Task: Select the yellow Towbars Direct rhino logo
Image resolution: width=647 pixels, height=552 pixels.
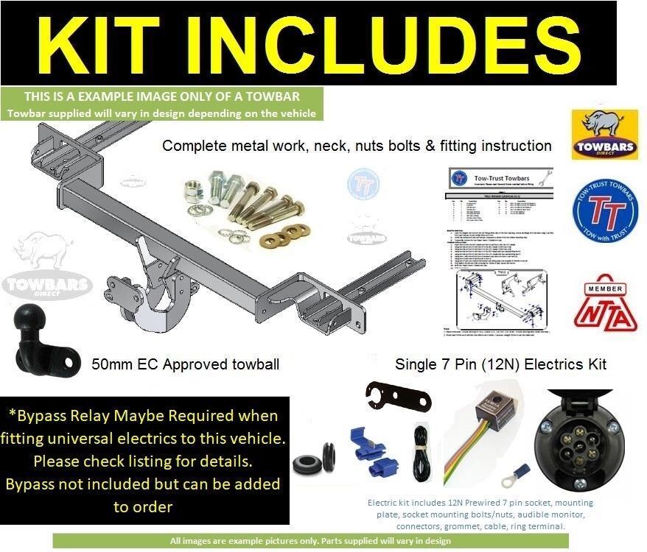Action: [605, 135]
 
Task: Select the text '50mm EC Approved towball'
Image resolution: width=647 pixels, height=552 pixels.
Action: [185, 364]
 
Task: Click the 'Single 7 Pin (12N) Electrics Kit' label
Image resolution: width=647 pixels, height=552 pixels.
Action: [500, 364]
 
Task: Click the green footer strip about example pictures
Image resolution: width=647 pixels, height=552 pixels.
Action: [310, 541]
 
